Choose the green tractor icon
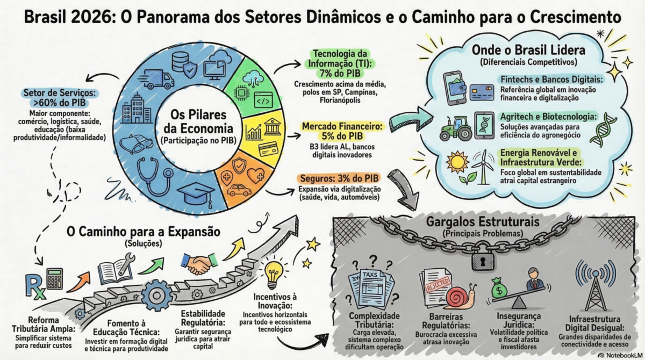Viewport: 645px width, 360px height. pos(455,128)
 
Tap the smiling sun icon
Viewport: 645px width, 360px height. pos(460,162)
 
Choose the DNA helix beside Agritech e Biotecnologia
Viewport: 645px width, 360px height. pos(600,129)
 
